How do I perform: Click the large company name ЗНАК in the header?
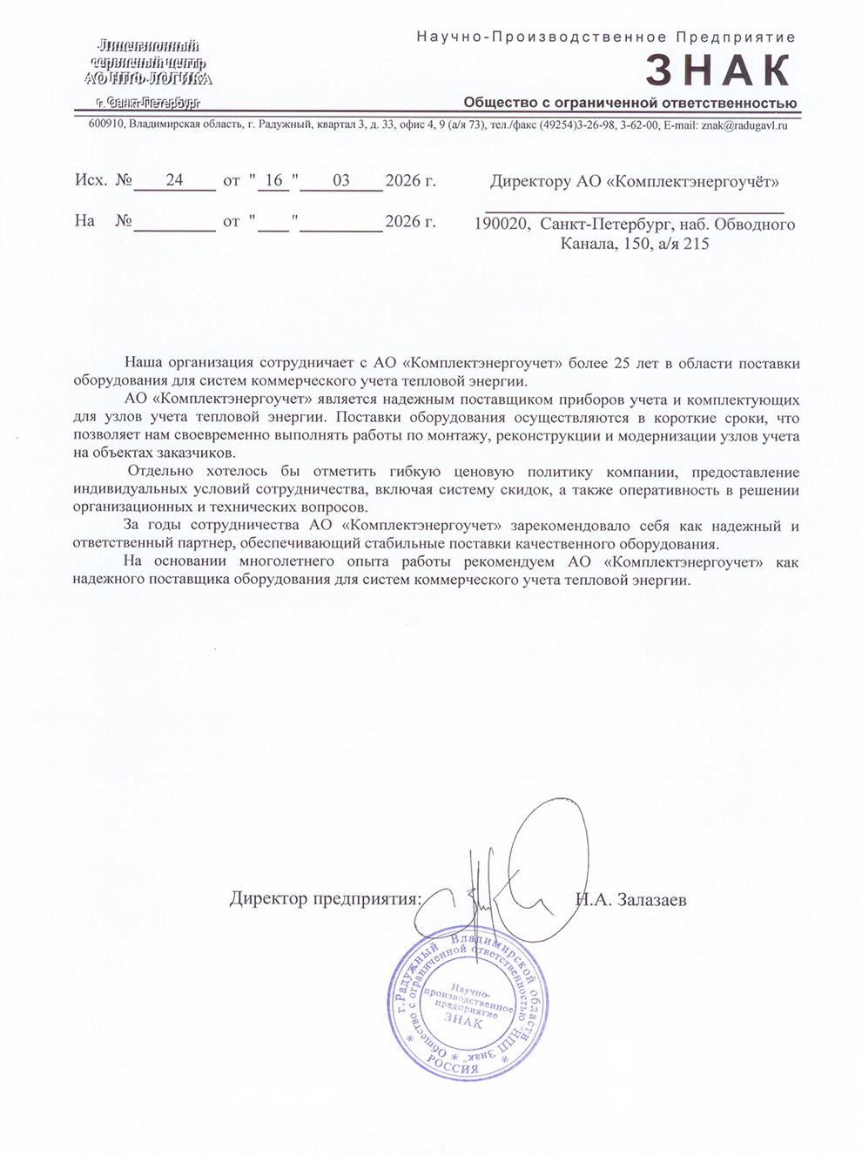click(717, 71)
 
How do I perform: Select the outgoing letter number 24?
click(174, 180)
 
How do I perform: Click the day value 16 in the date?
click(273, 180)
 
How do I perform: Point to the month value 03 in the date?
click(340, 180)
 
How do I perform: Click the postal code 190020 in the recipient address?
click(501, 225)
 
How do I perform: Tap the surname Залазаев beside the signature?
click(651, 900)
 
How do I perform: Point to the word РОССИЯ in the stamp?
click(452, 1064)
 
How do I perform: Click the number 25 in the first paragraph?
click(622, 363)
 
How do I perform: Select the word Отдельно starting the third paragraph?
click(160, 472)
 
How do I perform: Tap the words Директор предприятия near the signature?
click(324, 899)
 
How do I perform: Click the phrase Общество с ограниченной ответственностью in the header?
click(630, 103)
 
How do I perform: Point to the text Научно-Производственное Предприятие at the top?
click(606, 37)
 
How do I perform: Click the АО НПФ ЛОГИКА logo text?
click(148, 78)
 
